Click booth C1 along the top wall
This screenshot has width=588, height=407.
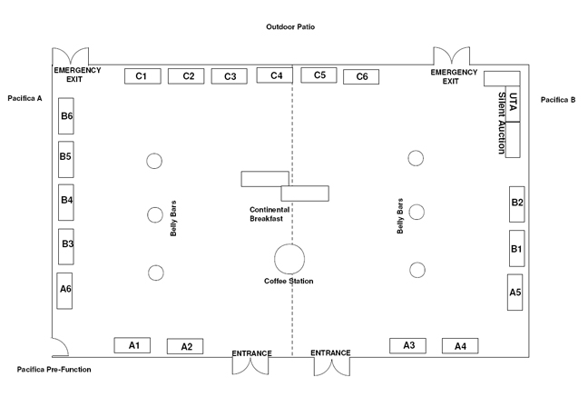(142, 76)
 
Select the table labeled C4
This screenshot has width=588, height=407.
(275, 75)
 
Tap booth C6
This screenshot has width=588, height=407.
(361, 76)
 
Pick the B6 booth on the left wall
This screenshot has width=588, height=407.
(66, 116)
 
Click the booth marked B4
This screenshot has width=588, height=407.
(66, 203)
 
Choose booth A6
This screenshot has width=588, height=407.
(64, 291)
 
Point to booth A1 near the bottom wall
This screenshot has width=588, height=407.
(132, 345)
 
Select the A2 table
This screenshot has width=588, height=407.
(185, 346)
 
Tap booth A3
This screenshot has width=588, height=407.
(407, 346)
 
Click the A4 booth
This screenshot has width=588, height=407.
(460, 346)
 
